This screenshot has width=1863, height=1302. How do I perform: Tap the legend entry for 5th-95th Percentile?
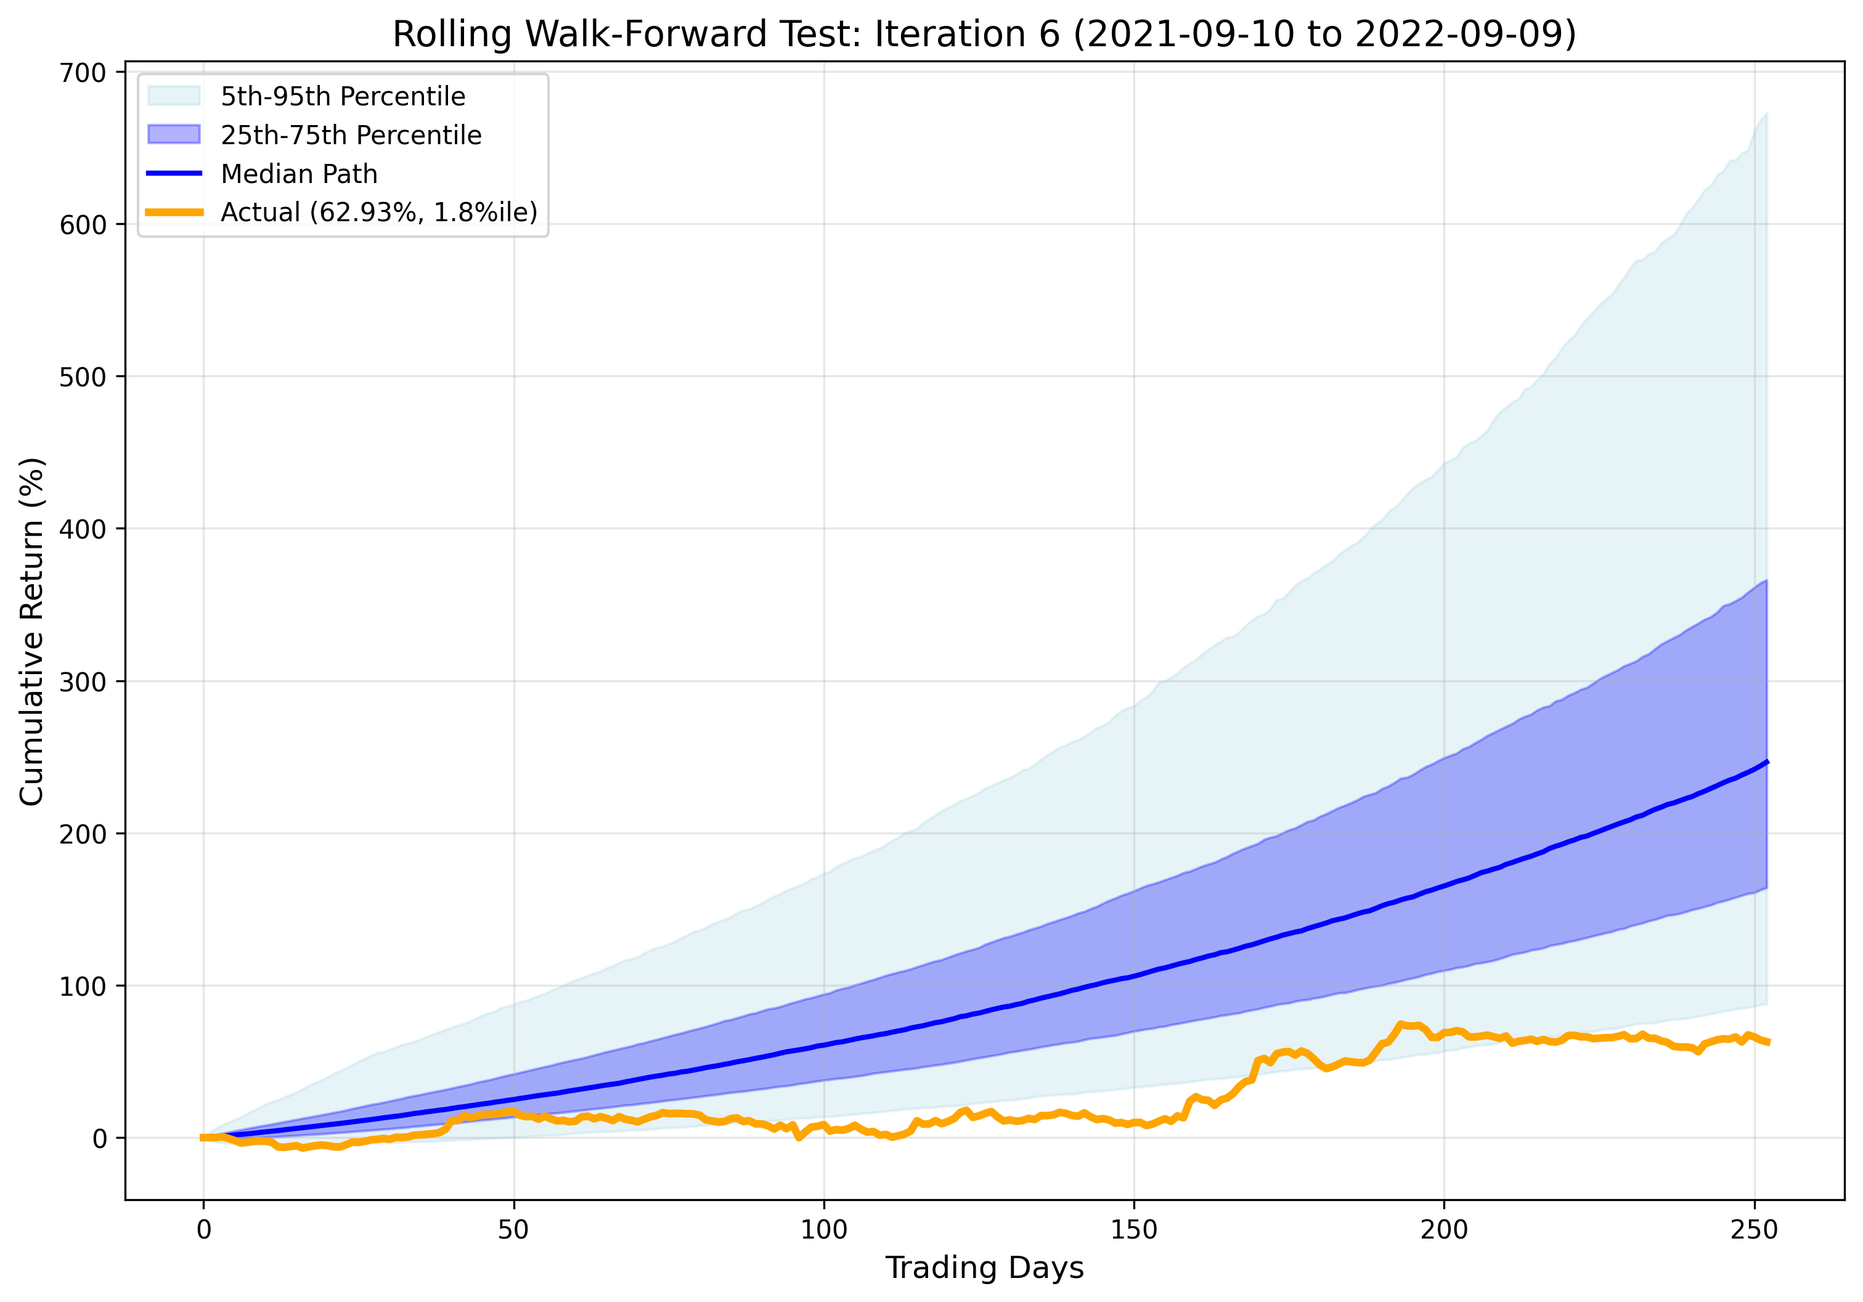click(343, 97)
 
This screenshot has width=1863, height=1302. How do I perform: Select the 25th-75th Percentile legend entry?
click(351, 135)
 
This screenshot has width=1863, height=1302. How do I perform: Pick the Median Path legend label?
click(299, 174)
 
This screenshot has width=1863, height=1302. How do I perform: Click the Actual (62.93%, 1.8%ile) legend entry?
click(379, 212)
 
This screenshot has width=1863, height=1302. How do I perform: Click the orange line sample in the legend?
click(174, 212)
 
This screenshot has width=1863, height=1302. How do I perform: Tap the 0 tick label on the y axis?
click(100, 1139)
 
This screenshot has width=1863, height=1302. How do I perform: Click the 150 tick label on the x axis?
click(1133, 1230)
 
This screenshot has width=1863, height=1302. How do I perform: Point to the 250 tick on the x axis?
click(1755, 1230)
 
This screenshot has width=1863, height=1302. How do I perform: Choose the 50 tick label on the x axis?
click(513, 1230)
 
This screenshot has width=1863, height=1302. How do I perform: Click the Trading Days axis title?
click(984, 1267)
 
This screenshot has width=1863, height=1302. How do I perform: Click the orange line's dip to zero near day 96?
click(799, 1137)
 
